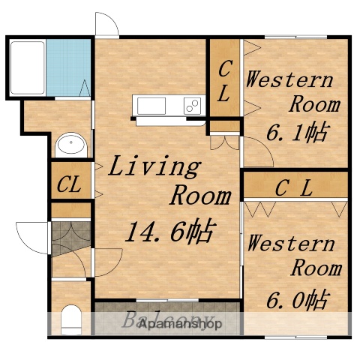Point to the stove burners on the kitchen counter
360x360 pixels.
[193, 104]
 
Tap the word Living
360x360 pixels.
[154, 166]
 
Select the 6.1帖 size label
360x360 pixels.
[297, 133]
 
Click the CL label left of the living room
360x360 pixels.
[70, 183]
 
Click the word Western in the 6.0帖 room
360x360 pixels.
[291, 244]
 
